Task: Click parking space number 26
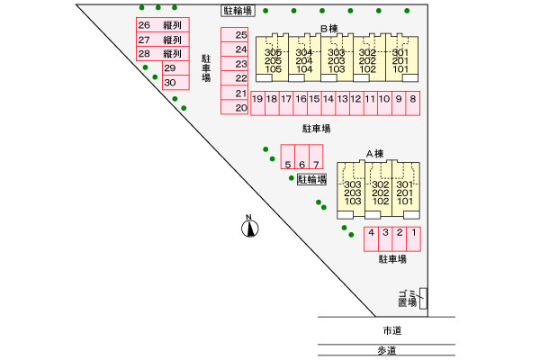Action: click(x=144, y=25)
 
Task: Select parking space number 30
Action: click(x=169, y=82)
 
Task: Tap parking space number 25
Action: click(x=240, y=36)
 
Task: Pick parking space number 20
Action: click(x=240, y=108)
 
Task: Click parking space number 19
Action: click(x=257, y=99)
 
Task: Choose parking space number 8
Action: click(x=412, y=99)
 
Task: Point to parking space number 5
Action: click(x=287, y=164)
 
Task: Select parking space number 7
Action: click(x=316, y=164)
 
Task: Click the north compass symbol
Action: click(x=248, y=229)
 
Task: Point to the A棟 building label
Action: click(x=374, y=153)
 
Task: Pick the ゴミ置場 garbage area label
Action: click(x=408, y=299)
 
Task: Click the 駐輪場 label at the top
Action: click(x=238, y=10)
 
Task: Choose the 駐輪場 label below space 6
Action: click(x=311, y=179)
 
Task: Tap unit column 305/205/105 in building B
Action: click(x=274, y=60)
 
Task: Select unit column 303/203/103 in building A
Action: click(x=353, y=193)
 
